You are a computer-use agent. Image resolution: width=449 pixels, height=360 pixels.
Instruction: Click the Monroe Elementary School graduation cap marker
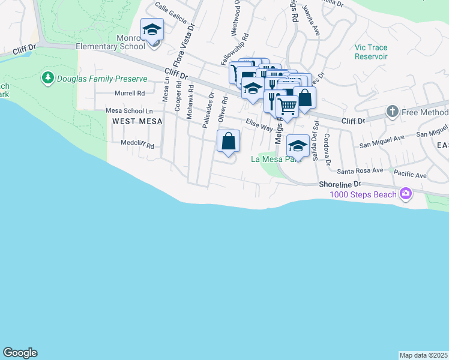pyautogui.click(x=152, y=29)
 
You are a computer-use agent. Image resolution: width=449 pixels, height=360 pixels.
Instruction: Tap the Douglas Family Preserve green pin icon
pyautogui.click(x=47, y=78)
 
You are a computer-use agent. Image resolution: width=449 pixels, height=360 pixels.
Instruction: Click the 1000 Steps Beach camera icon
pyautogui.click(x=406, y=193)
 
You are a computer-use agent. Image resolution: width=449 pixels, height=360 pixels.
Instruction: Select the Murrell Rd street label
pyautogui.click(x=130, y=93)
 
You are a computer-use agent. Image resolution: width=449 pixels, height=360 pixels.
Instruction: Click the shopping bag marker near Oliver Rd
pyautogui.click(x=229, y=142)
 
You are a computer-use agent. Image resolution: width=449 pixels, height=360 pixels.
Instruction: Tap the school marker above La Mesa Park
pyautogui.click(x=298, y=146)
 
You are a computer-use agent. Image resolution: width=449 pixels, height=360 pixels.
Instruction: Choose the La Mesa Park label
pyautogui.click(x=275, y=160)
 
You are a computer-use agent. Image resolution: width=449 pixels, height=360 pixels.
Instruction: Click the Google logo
pyautogui.click(x=20, y=353)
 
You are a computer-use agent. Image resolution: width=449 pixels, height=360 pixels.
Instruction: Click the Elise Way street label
pyautogui.click(x=259, y=125)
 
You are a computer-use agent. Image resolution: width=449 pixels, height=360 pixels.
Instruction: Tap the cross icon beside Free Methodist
pyautogui.click(x=392, y=111)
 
